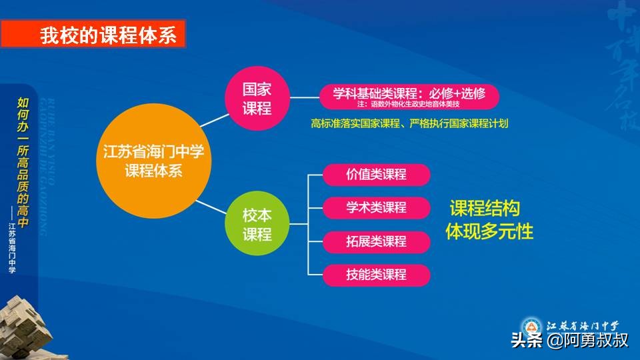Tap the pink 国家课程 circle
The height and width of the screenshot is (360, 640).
tap(257, 98)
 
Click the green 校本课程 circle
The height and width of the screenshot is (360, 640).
tap(257, 225)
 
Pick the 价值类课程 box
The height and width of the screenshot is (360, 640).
tap(376, 175)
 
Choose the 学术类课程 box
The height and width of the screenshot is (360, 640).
tap(376, 208)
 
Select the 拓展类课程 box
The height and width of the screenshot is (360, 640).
tap(376, 241)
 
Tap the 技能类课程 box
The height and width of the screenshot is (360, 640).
tap(376, 275)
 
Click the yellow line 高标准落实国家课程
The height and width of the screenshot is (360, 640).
tap(409, 123)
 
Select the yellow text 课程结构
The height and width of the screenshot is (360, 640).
tap(485, 208)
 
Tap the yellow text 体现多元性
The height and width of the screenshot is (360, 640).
tap(489, 231)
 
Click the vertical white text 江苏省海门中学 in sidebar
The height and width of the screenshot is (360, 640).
tap(11, 248)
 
